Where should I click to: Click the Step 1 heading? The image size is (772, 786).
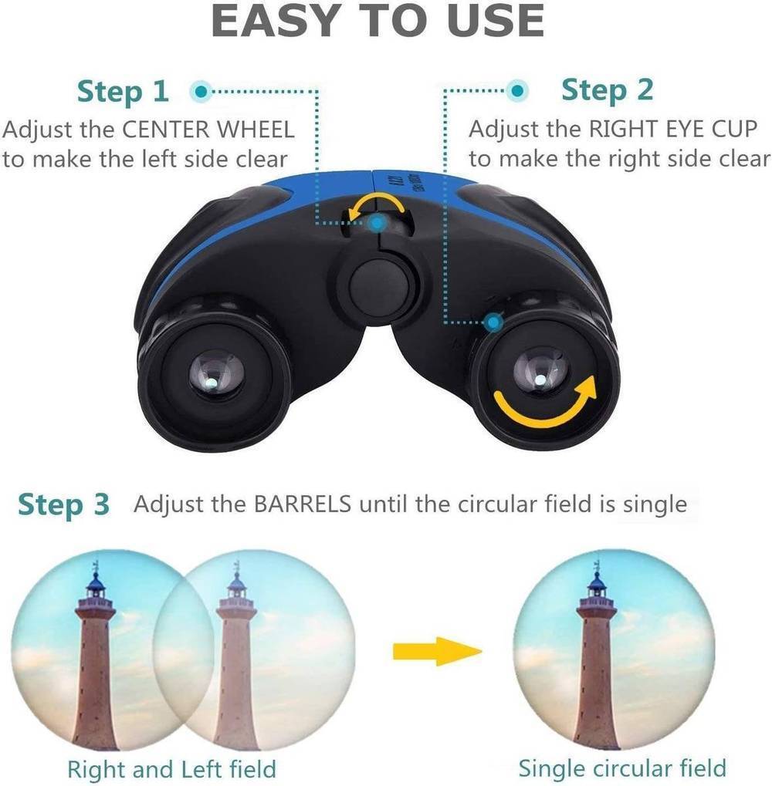point(123,92)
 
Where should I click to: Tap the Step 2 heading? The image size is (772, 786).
point(608,90)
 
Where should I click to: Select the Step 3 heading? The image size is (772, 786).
point(64,504)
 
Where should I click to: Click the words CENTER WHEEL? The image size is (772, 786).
point(208,130)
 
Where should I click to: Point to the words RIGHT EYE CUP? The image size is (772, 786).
point(672,129)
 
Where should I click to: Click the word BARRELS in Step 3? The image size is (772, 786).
point(303,504)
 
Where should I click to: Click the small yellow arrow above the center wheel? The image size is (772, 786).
point(376,204)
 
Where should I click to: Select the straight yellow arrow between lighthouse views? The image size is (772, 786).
point(437,651)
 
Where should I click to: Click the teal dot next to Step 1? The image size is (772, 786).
point(201,92)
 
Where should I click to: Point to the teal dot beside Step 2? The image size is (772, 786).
point(517,91)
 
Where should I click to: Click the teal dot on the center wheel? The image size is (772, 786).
point(378,223)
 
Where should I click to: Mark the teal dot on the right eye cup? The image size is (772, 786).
point(494,322)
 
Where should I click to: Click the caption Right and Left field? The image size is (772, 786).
point(171,768)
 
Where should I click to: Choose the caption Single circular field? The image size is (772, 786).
point(622,768)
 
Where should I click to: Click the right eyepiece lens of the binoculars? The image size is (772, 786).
point(540,374)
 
